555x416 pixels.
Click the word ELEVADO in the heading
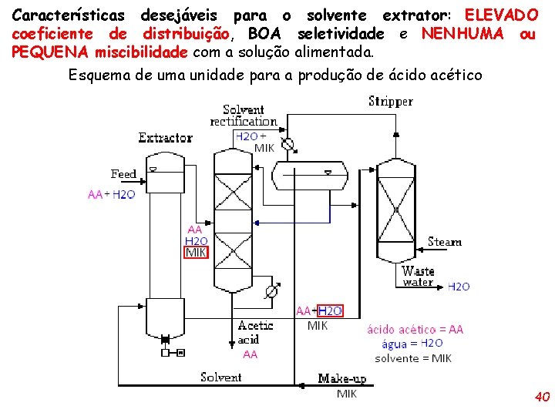coord(502,15)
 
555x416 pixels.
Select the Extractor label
coord(165,138)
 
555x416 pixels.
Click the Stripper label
coord(391,102)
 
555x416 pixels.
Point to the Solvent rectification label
coord(244,116)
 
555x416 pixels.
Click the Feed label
coord(123,174)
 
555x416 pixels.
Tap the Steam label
coord(445,242)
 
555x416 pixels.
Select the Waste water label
coord(418,277)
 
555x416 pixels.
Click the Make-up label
coord(342,378)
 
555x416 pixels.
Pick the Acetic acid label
coord(255,332)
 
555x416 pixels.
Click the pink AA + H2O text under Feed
coord(111,195)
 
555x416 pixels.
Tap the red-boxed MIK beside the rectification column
coord(196,253)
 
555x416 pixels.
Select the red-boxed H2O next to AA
coord(330,311)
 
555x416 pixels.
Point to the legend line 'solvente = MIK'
coord(413,358)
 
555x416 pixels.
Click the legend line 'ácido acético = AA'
coord(415,330)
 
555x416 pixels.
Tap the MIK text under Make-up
coord(347,394)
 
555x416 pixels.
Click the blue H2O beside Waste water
coord(459,287)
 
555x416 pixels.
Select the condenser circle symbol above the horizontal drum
coord(288,144)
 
